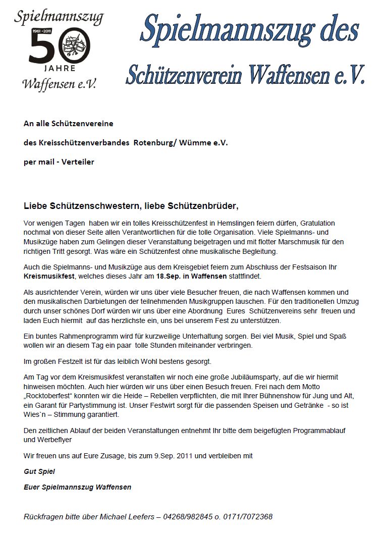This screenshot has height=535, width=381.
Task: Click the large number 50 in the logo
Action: (59, 49)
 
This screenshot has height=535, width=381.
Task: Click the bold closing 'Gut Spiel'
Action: (39, 471)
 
